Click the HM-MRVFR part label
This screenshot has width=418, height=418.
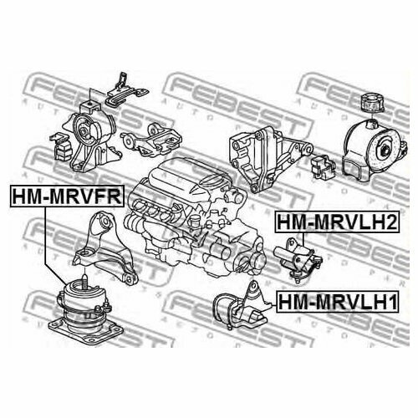[66, 196]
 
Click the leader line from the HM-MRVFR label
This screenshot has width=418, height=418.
[47, 242]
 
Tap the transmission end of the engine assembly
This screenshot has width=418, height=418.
[234, 242]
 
